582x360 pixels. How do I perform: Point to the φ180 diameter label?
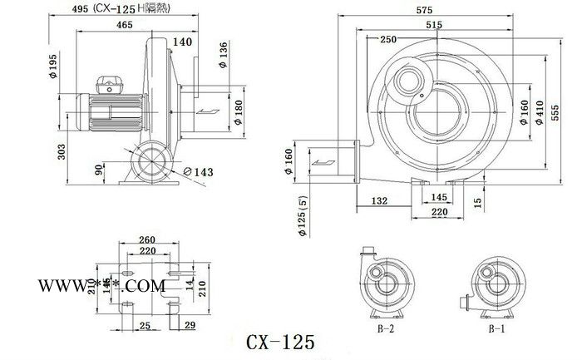(239, 110)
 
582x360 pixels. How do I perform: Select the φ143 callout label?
(199, 170)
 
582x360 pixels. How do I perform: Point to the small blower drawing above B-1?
(491, 284)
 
